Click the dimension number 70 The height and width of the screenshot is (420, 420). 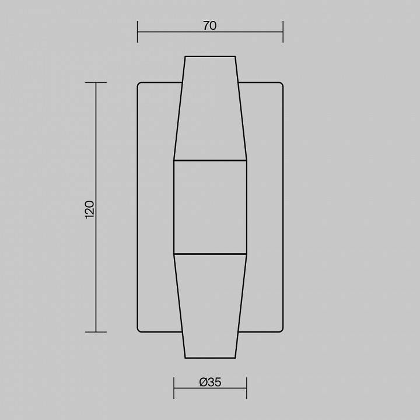[x=210, y=26]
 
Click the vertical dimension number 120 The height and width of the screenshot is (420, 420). [x=89, y=209]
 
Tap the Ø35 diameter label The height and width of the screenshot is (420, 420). [x=210, y=382]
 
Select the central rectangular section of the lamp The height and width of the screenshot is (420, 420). [x=210, y=207]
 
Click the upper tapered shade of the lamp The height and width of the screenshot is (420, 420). [x=210, y=108]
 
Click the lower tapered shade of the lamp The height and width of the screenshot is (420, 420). [x=210, y=306]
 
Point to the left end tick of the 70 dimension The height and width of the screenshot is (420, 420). [x=138, y=32]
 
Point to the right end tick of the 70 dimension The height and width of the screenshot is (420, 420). [x=283, y=32]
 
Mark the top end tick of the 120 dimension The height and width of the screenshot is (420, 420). [x=96, y=83]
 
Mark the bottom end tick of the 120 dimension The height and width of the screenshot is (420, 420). [x=96, y=332]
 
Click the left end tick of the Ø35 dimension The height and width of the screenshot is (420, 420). [x=174, y=388]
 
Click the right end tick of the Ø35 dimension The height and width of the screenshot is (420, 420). [x=247, y=388]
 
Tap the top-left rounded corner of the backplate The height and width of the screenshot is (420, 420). [x=139, y=84]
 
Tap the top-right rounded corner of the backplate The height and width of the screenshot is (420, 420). [x=281, y=84]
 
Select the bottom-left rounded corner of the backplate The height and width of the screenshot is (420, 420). [x=139, y=330]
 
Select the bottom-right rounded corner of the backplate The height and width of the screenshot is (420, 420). [x=281, y=330]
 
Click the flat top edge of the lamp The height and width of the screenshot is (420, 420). [x=210, y=57]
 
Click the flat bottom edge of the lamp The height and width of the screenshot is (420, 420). [x=210, y=358]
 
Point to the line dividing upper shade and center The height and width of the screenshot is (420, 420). [x=210, y=160]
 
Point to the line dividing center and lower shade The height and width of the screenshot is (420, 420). [x=210, y=254]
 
